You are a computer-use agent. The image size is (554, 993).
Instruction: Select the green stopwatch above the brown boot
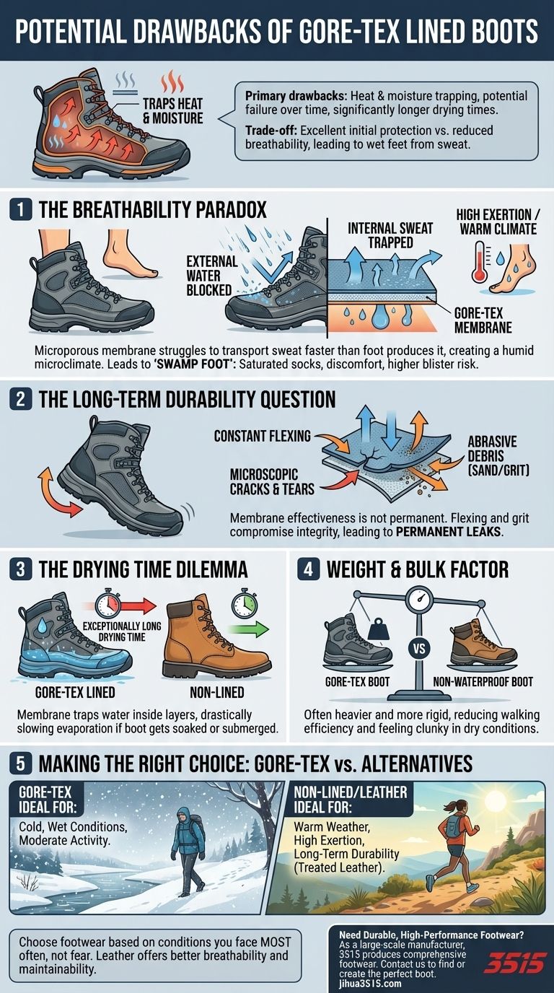coord(242,603)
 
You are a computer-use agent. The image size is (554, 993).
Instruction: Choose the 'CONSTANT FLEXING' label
coord(263,436)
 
